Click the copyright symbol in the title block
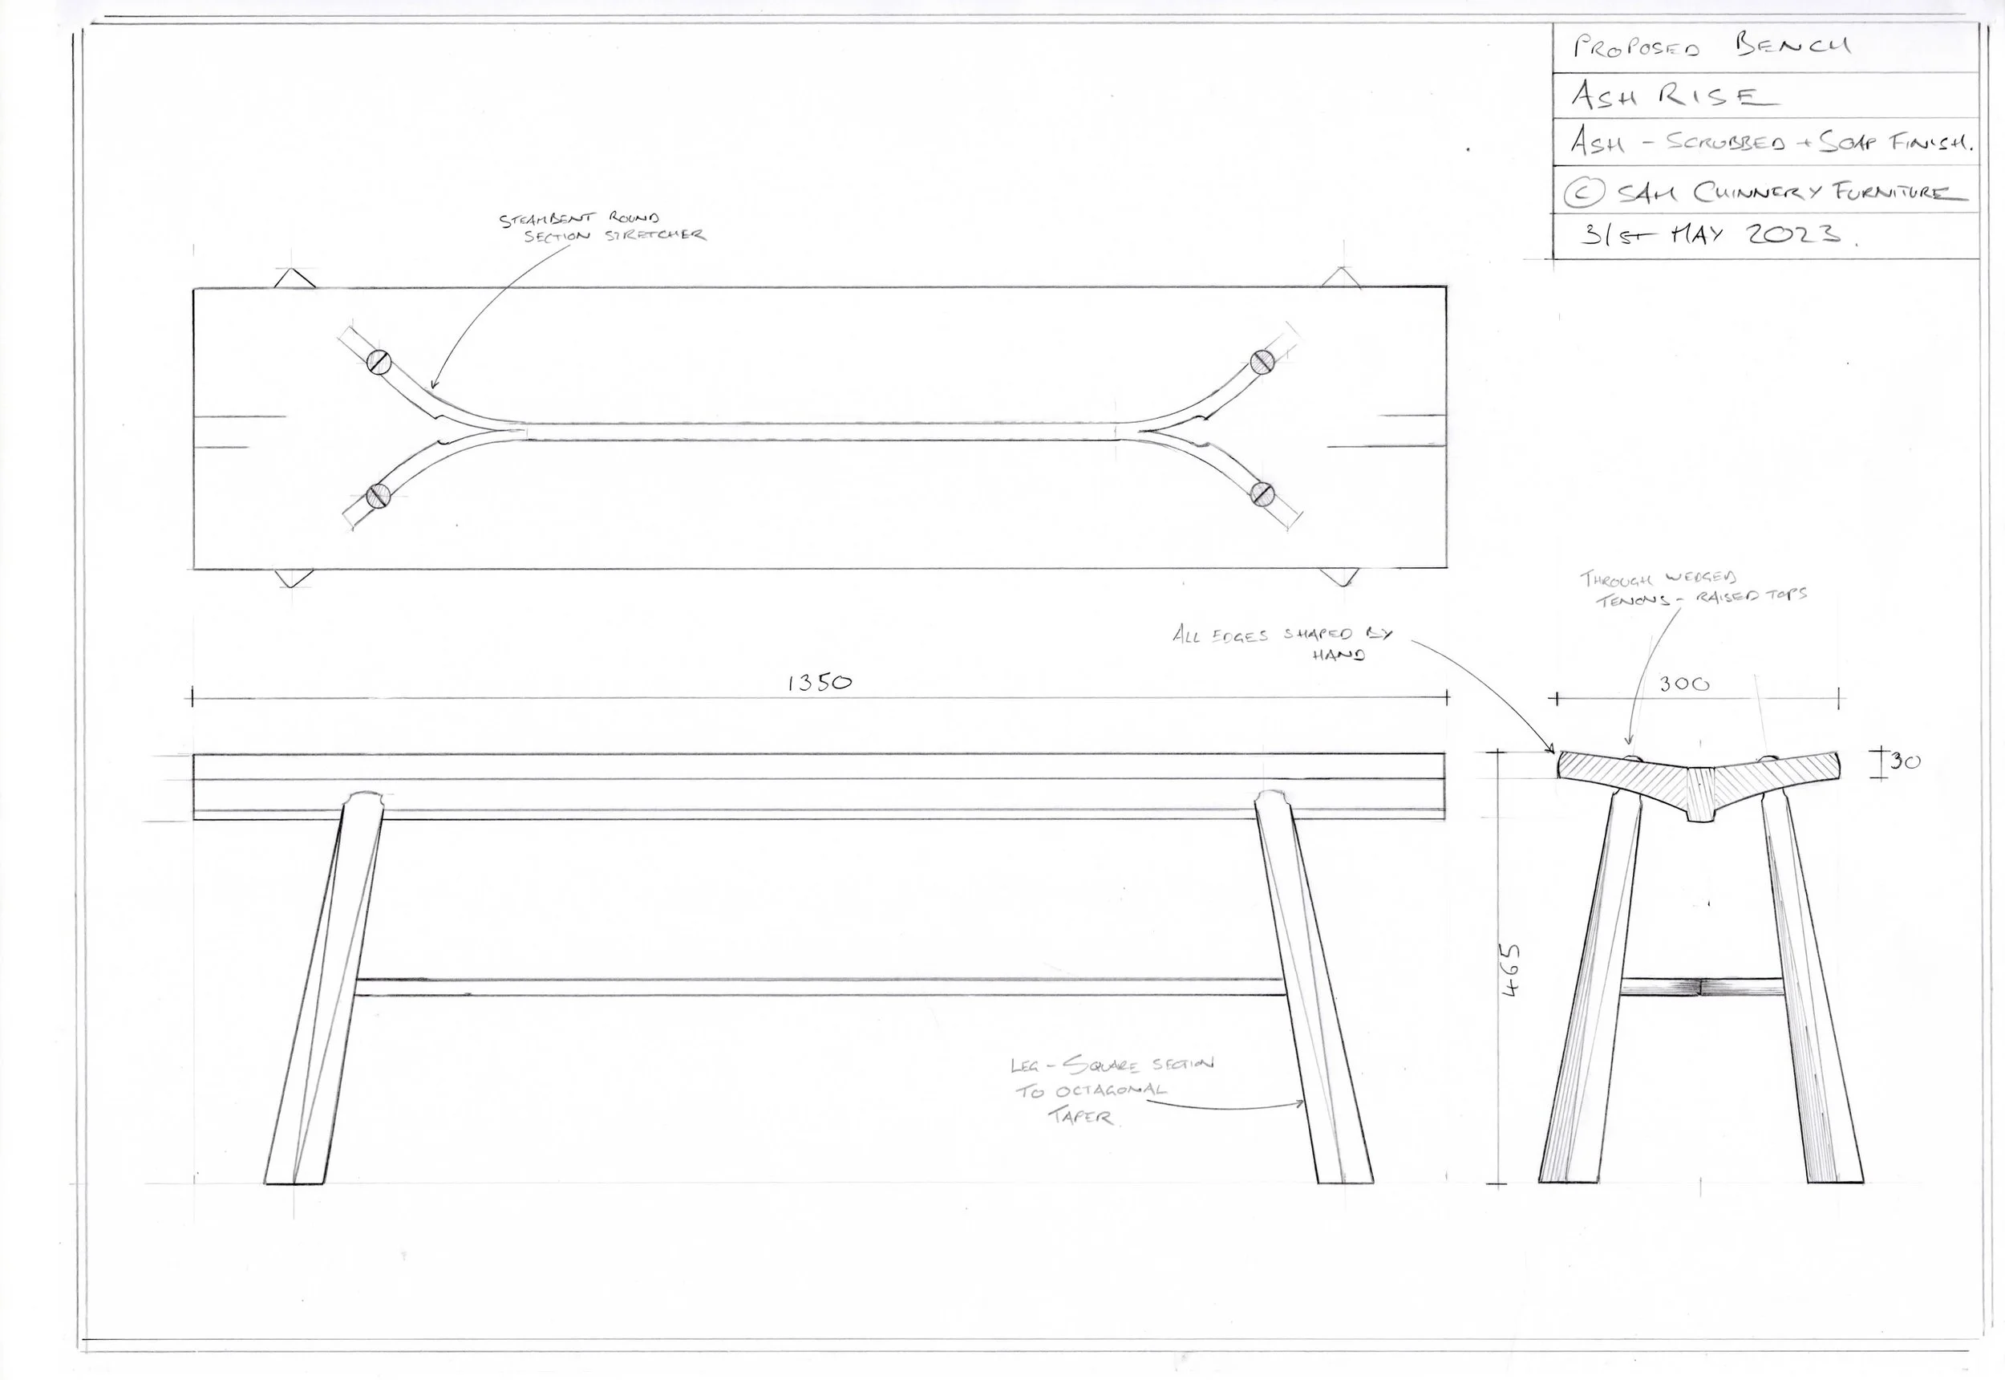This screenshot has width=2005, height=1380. click(x=1584, y=192)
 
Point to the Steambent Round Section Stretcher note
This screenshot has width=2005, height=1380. click(x=602, y=227)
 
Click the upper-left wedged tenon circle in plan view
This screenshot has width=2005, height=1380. click(x=378, y=359)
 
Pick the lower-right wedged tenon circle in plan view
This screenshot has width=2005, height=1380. click(x=1262, y=493)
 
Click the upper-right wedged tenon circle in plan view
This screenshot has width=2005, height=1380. click(x=1262, y=360)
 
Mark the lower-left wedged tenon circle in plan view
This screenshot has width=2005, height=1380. click(x=378, y=496)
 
